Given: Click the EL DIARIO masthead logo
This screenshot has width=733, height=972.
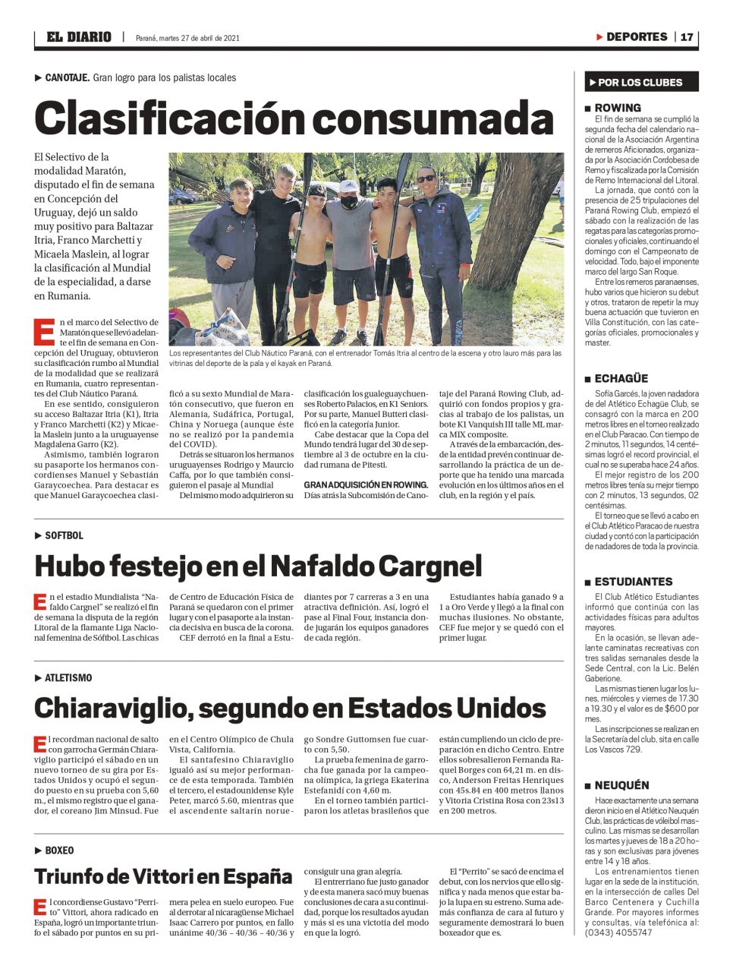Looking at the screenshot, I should (78, 36).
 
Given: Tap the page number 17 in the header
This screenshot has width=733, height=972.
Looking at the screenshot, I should (686, 36).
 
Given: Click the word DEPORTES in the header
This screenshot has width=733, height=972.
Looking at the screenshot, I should (636, 36).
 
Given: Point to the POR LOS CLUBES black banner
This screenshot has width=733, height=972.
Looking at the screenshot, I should (641, 82).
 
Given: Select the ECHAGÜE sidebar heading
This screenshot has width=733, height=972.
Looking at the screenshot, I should (621, 378).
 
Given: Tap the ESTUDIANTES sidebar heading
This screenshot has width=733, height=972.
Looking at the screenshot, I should (633, 581).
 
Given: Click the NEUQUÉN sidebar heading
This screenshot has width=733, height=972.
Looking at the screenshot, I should (621, 785).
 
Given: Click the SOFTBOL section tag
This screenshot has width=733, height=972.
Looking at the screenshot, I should (64, 535).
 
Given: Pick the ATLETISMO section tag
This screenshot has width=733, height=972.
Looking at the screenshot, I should (68, 677).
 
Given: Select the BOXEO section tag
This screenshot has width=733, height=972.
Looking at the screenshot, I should (59, 850).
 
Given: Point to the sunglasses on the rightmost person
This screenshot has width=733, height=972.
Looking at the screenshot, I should (426, 179).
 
